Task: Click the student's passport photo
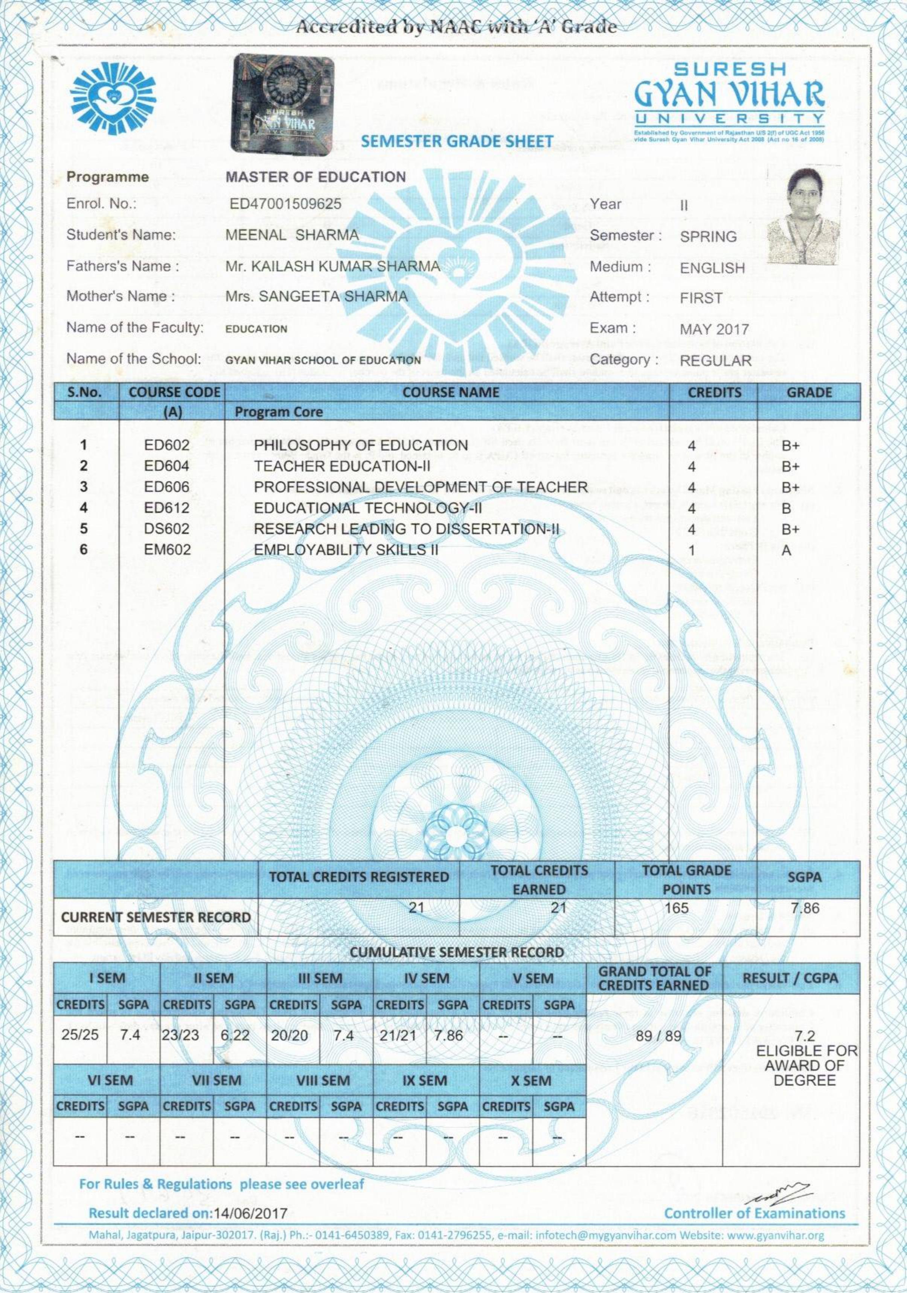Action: (x=804, y=215)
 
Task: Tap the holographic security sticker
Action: (x=282, y=103)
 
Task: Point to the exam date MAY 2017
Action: (x=714, y=329)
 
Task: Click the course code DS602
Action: (x=167, y=529)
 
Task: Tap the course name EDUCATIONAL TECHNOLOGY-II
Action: (x=368, y=508)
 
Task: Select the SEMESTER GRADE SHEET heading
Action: (x=457, y=141)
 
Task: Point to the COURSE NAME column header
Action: (x=451, y=392)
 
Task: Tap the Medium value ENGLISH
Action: (x=712, y=268)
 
